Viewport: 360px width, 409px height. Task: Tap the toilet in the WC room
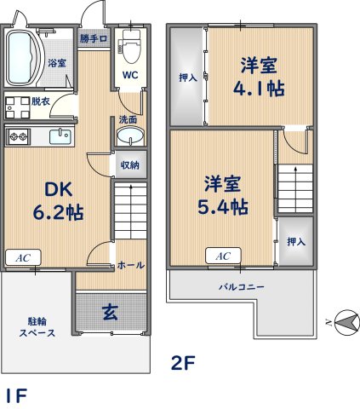(x=130, y=45)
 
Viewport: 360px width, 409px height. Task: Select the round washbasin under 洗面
(x=129, y=137)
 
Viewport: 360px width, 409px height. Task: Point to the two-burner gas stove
(x=18, y=135)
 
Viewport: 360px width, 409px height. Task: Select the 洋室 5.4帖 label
(x=225, y=194)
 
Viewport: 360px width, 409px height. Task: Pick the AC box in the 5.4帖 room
(x=222, y=255)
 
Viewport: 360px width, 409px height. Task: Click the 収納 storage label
(x=129, y=165)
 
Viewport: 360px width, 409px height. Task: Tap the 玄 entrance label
(x=111, y=311)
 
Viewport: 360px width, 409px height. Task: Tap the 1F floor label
(x=14, y=395)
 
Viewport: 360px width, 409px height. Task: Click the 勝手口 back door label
(x=94, y=39)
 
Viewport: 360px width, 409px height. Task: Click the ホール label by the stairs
(x=129, y=265)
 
